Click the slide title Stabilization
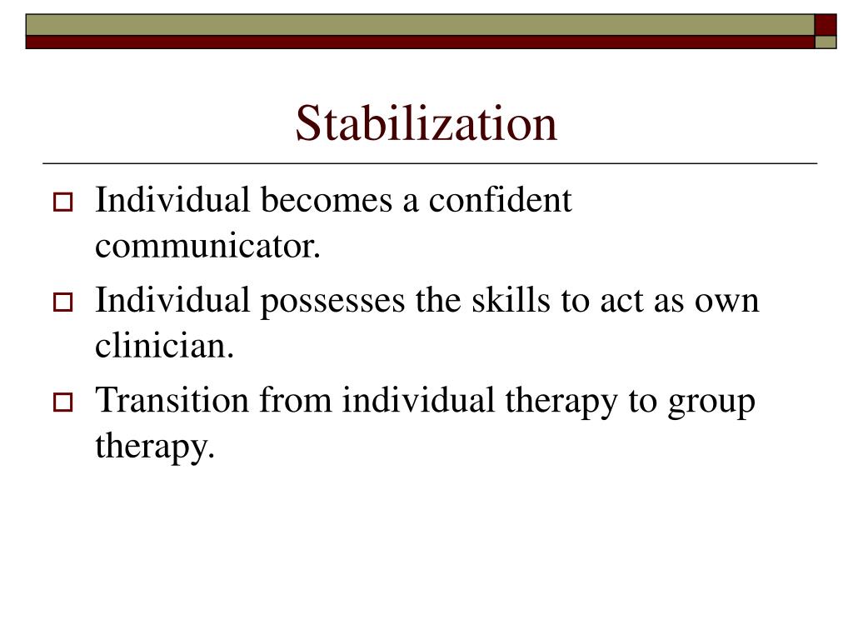[x=426, y=123]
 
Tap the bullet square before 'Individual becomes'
[x=63, y=202]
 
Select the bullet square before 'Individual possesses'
[x=63, y=302]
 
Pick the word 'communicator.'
[x=207, y=247]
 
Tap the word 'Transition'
[x=172, y=401]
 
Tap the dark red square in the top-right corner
[x=825, y=24]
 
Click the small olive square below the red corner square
[x=825, y=42]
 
